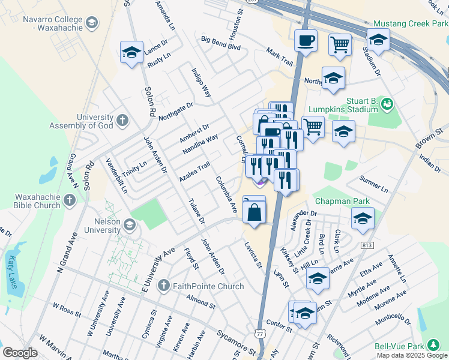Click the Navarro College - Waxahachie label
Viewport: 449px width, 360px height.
click(47, 23)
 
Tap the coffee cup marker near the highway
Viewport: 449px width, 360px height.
click(306, 41)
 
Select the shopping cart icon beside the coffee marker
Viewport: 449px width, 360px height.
click(340, 44)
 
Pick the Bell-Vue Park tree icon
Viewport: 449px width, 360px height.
click(432, 346)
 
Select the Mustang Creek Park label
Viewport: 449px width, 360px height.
click(410, 24)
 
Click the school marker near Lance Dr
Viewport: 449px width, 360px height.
click(131, 52)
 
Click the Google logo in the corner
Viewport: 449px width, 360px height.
click(20, 353)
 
